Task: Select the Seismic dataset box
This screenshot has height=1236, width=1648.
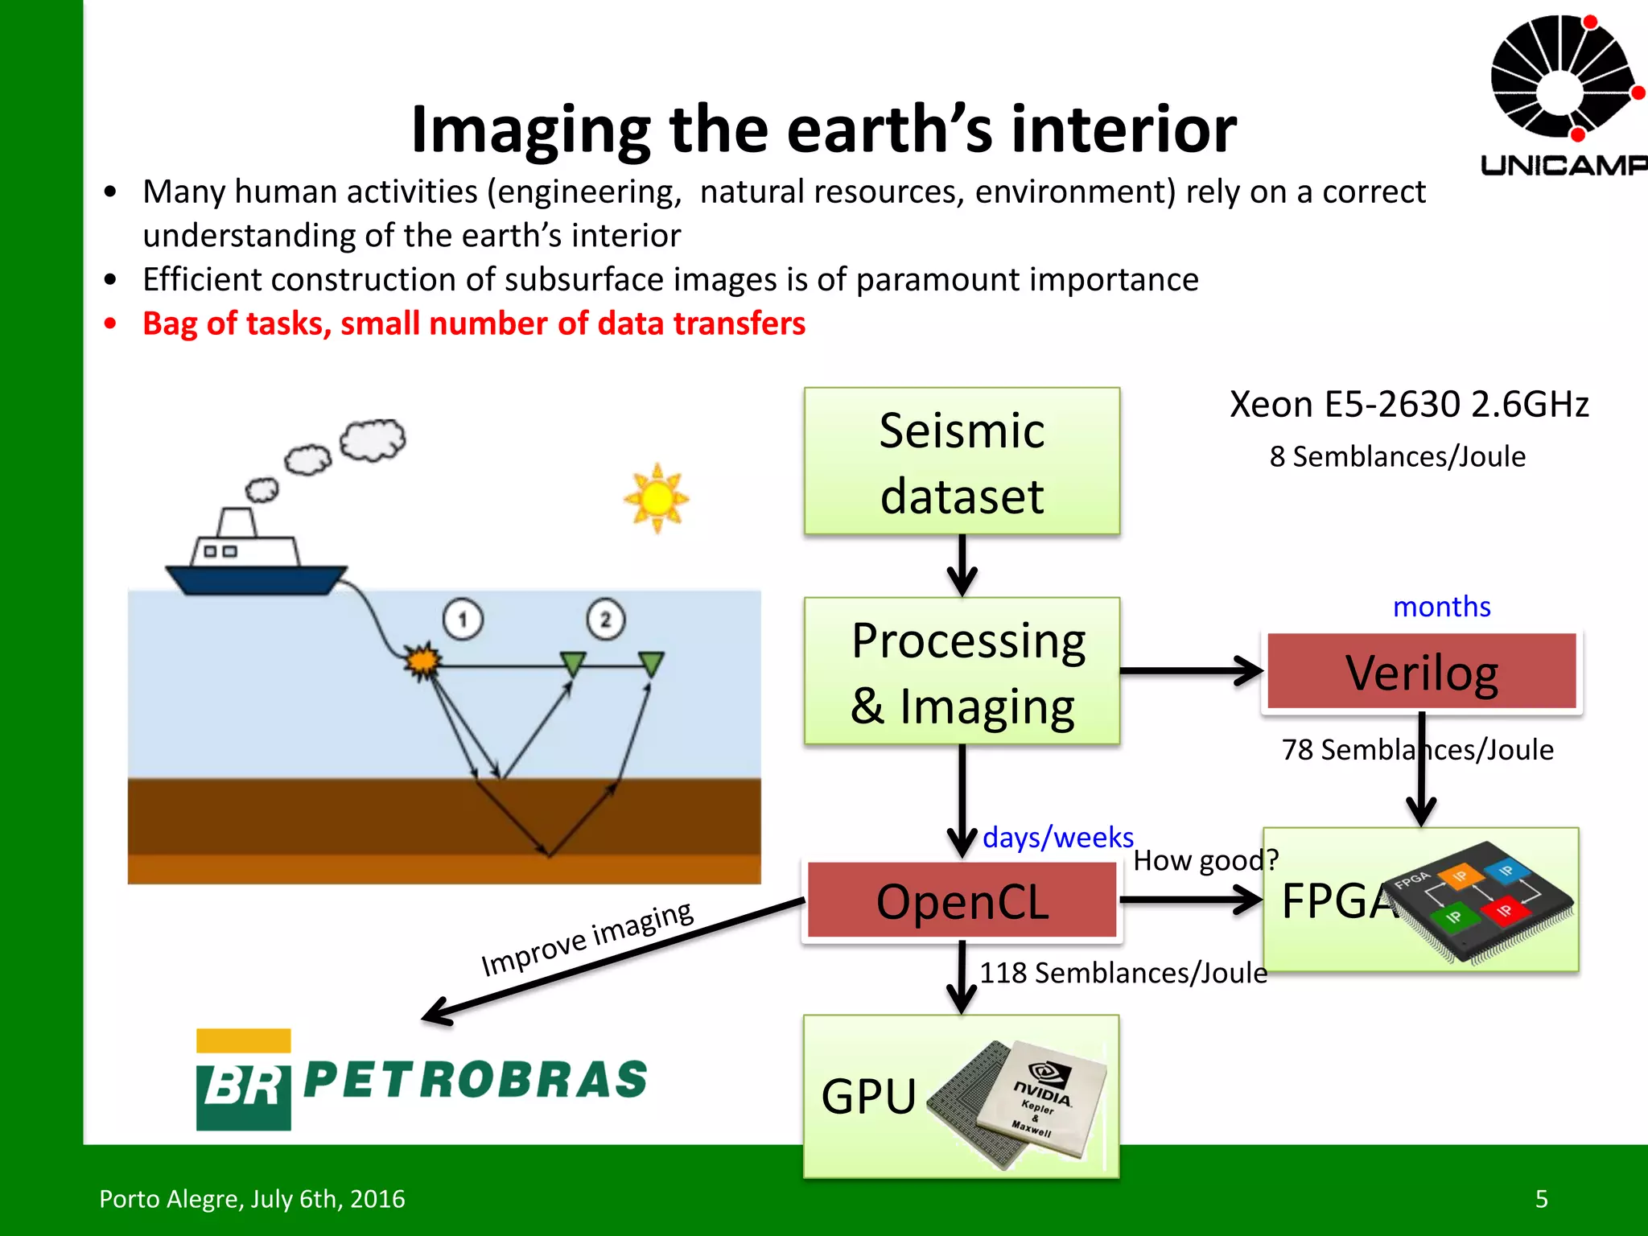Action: (x=962, y=461)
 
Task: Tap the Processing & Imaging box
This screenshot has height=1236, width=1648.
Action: (x=962, y=671)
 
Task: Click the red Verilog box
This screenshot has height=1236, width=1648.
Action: (x=1421, y=671)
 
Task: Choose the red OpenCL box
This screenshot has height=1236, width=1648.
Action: (x=962, y=900)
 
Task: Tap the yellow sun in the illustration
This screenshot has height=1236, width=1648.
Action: (x=657, y=498)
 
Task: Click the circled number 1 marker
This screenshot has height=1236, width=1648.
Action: (x=463, y=620)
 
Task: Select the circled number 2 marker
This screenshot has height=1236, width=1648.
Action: (x=605, y=619)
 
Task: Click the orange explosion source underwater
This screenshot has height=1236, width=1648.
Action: (x=422, y=661)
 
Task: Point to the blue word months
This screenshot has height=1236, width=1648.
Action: (x=1441, y=607)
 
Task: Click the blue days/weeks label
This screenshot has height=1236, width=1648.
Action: (x=1057, y=838)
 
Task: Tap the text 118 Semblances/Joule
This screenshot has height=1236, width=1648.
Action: (x=1123, y=973)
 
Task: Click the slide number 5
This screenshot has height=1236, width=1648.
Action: (x=1541, y=1199)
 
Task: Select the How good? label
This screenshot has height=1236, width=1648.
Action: (x=1205, y=860)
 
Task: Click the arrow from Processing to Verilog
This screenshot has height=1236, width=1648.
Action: (x=1191, y=670)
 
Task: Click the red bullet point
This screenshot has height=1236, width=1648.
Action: (x=111, y=323)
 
